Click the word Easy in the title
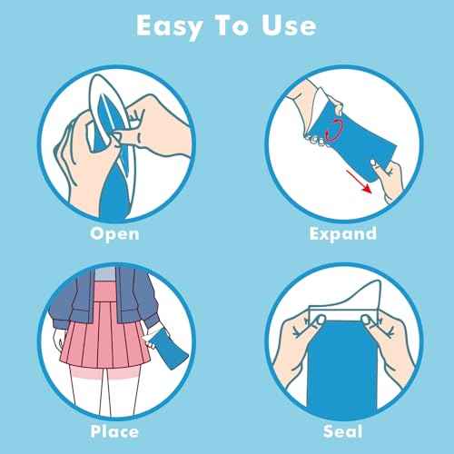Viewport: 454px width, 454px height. click(170, 25)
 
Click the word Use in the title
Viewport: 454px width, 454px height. click(289, 25)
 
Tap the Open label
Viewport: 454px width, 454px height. click(113, 233)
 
